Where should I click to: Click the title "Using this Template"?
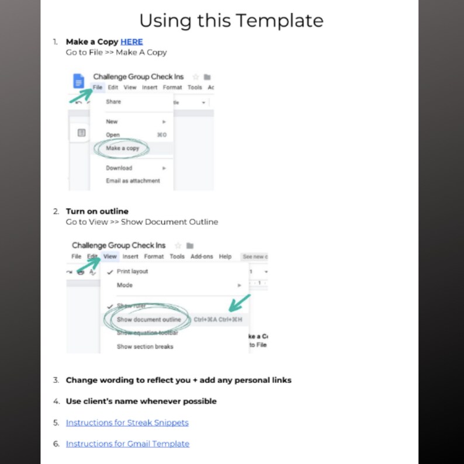[231, 21]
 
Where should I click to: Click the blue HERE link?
[131, 41]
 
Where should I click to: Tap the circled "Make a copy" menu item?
[122, 148]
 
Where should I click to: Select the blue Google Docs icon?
[79, 81]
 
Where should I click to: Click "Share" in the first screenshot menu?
[113, 102]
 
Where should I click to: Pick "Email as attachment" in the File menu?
[133, 181]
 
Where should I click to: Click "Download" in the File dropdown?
[119, 168]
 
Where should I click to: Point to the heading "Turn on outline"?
[97, 211]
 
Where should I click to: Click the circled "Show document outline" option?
[148, 320]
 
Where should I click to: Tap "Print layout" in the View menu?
[132, 271]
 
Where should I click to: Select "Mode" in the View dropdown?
[124, 285]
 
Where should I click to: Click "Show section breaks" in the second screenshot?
[145, 347]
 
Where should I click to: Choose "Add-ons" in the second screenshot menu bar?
[202, 257]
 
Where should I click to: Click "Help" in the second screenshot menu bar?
[225, 257]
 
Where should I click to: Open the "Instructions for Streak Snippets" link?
[127, 423]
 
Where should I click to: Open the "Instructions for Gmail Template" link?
[127, 444]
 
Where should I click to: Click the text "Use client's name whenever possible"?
[141, 401]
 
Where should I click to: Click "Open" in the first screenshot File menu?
[112, 135]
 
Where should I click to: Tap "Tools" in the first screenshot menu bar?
[195, 88]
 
